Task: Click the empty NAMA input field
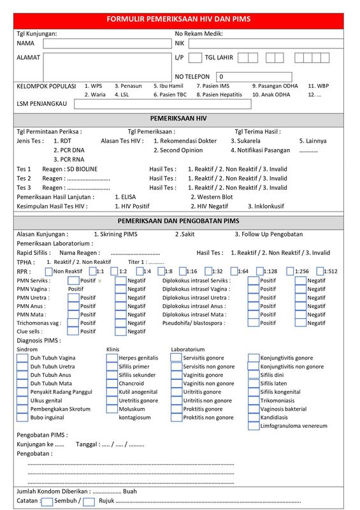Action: (x=106, y=44)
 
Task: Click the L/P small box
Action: (x=196, y=58)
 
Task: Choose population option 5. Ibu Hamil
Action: (x=168, y=85)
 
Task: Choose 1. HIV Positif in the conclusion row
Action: (x=132, y=207)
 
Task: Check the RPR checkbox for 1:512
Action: (x=320, y=271)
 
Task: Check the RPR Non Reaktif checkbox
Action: (x=49, y=271)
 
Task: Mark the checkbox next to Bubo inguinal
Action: (x=22, y=418)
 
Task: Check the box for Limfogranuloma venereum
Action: (x=253, y=426)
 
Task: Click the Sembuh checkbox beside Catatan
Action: (x=47, y=502)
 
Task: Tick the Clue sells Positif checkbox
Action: (x=73, y=331)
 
